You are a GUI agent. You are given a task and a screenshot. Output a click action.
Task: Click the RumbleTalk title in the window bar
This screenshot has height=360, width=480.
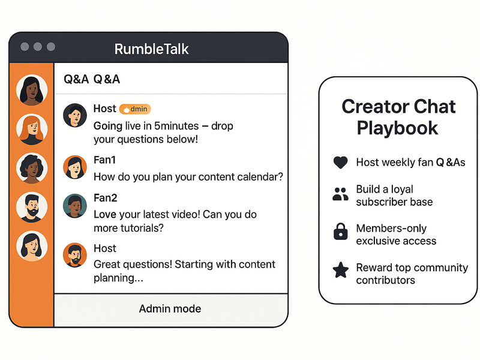(152, 48)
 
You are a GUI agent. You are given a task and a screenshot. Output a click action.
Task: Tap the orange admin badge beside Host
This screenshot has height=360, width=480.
(135, 109)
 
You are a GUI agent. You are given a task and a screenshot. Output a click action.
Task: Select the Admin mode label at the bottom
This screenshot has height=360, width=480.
(170, 309)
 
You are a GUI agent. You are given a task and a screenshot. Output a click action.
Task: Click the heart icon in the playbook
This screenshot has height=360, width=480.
(340, 163)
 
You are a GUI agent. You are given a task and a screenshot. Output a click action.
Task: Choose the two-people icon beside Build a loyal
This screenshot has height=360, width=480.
(340, 194)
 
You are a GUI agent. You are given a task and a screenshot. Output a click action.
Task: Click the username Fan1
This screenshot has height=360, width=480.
(104, 161)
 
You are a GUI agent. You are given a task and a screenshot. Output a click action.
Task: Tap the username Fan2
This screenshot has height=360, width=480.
(105, 197)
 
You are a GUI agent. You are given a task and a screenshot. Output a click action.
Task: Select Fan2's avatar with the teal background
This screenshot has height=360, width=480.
(74, 205)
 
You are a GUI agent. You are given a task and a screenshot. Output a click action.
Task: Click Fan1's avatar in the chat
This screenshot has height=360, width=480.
(74, 167)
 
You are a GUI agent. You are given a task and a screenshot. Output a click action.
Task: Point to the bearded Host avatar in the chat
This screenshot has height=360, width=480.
(74, 255)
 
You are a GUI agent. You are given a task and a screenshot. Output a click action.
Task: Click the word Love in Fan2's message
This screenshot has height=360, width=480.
(105, 214)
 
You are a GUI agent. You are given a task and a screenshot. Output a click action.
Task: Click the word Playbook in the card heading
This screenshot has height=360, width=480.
(397, 127)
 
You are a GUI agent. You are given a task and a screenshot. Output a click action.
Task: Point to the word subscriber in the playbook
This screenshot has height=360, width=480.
(382, 202)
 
